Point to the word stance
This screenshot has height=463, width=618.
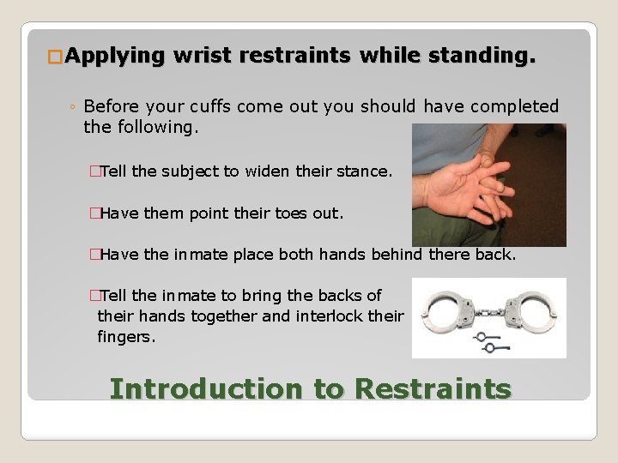click(364, 171)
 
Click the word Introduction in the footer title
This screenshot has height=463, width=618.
click(206, 388)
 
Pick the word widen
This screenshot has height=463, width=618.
click(268, 171)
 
